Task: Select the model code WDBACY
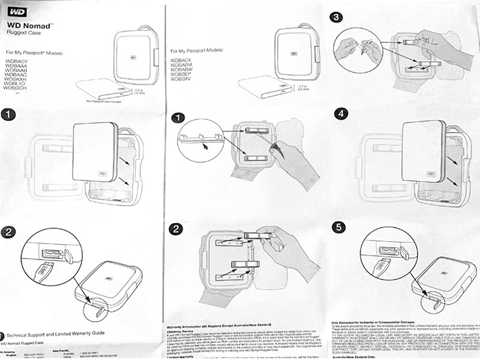18,61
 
